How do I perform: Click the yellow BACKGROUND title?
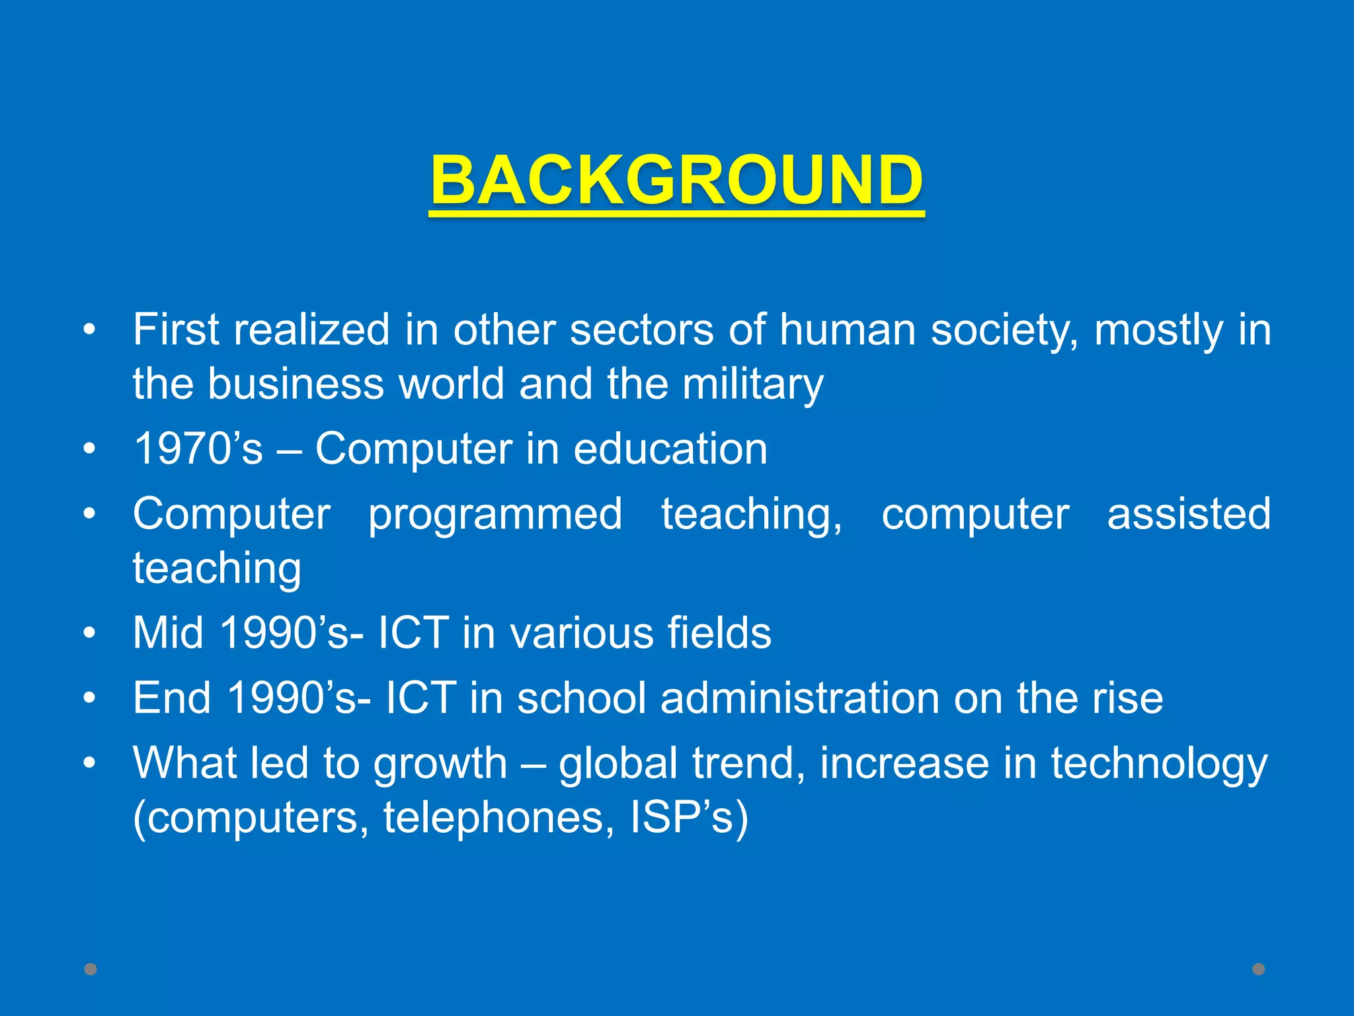pyautogui.click(x=676, y=180)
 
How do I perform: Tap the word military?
pyautogui.click(x=753, y=385)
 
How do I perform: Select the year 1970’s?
pyautogui.click(x=198, y=449)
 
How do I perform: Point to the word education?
pyautogui.click(x=670, y=449)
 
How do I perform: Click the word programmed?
pyautogui.click(x=495, y=514)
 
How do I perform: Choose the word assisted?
pyautogui.click(x=1189, y=514)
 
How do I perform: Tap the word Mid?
pyautogui.click(x=168, y=633)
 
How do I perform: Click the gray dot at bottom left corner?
pyautogui.click(x=91, y=969)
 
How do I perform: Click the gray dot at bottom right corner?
pyautogui.click(x=1259, y=969)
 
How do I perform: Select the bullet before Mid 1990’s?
pyautogui.click(x=90, y=634)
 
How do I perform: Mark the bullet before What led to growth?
pyautogui.click(x=90, y=764)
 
